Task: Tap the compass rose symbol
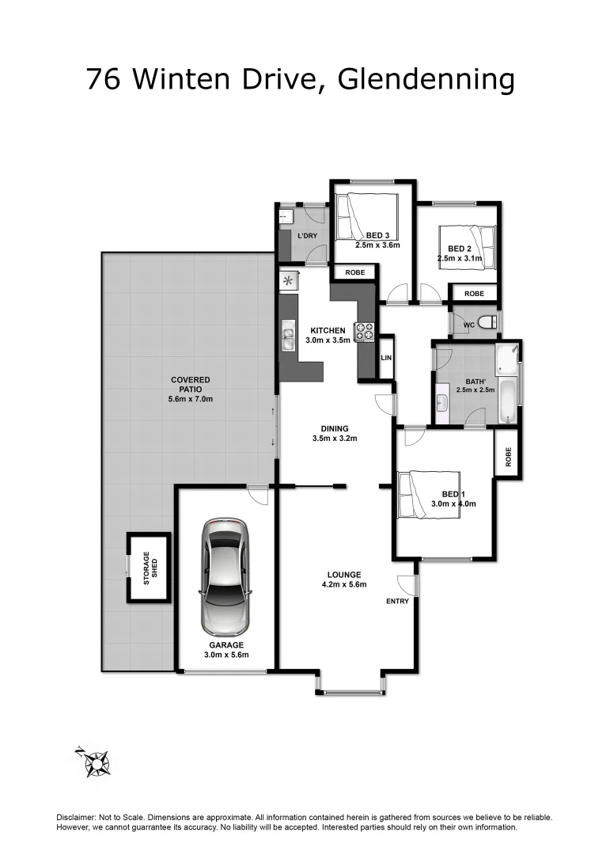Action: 97,762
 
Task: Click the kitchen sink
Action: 287,338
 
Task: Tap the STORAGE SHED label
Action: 150,568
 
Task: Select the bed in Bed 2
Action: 475,246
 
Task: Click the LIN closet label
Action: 386,358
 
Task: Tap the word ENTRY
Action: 397,601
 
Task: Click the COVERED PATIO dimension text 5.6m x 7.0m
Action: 191,399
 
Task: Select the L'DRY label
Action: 307,237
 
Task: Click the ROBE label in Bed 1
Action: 508,457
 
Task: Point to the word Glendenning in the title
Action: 426,79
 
